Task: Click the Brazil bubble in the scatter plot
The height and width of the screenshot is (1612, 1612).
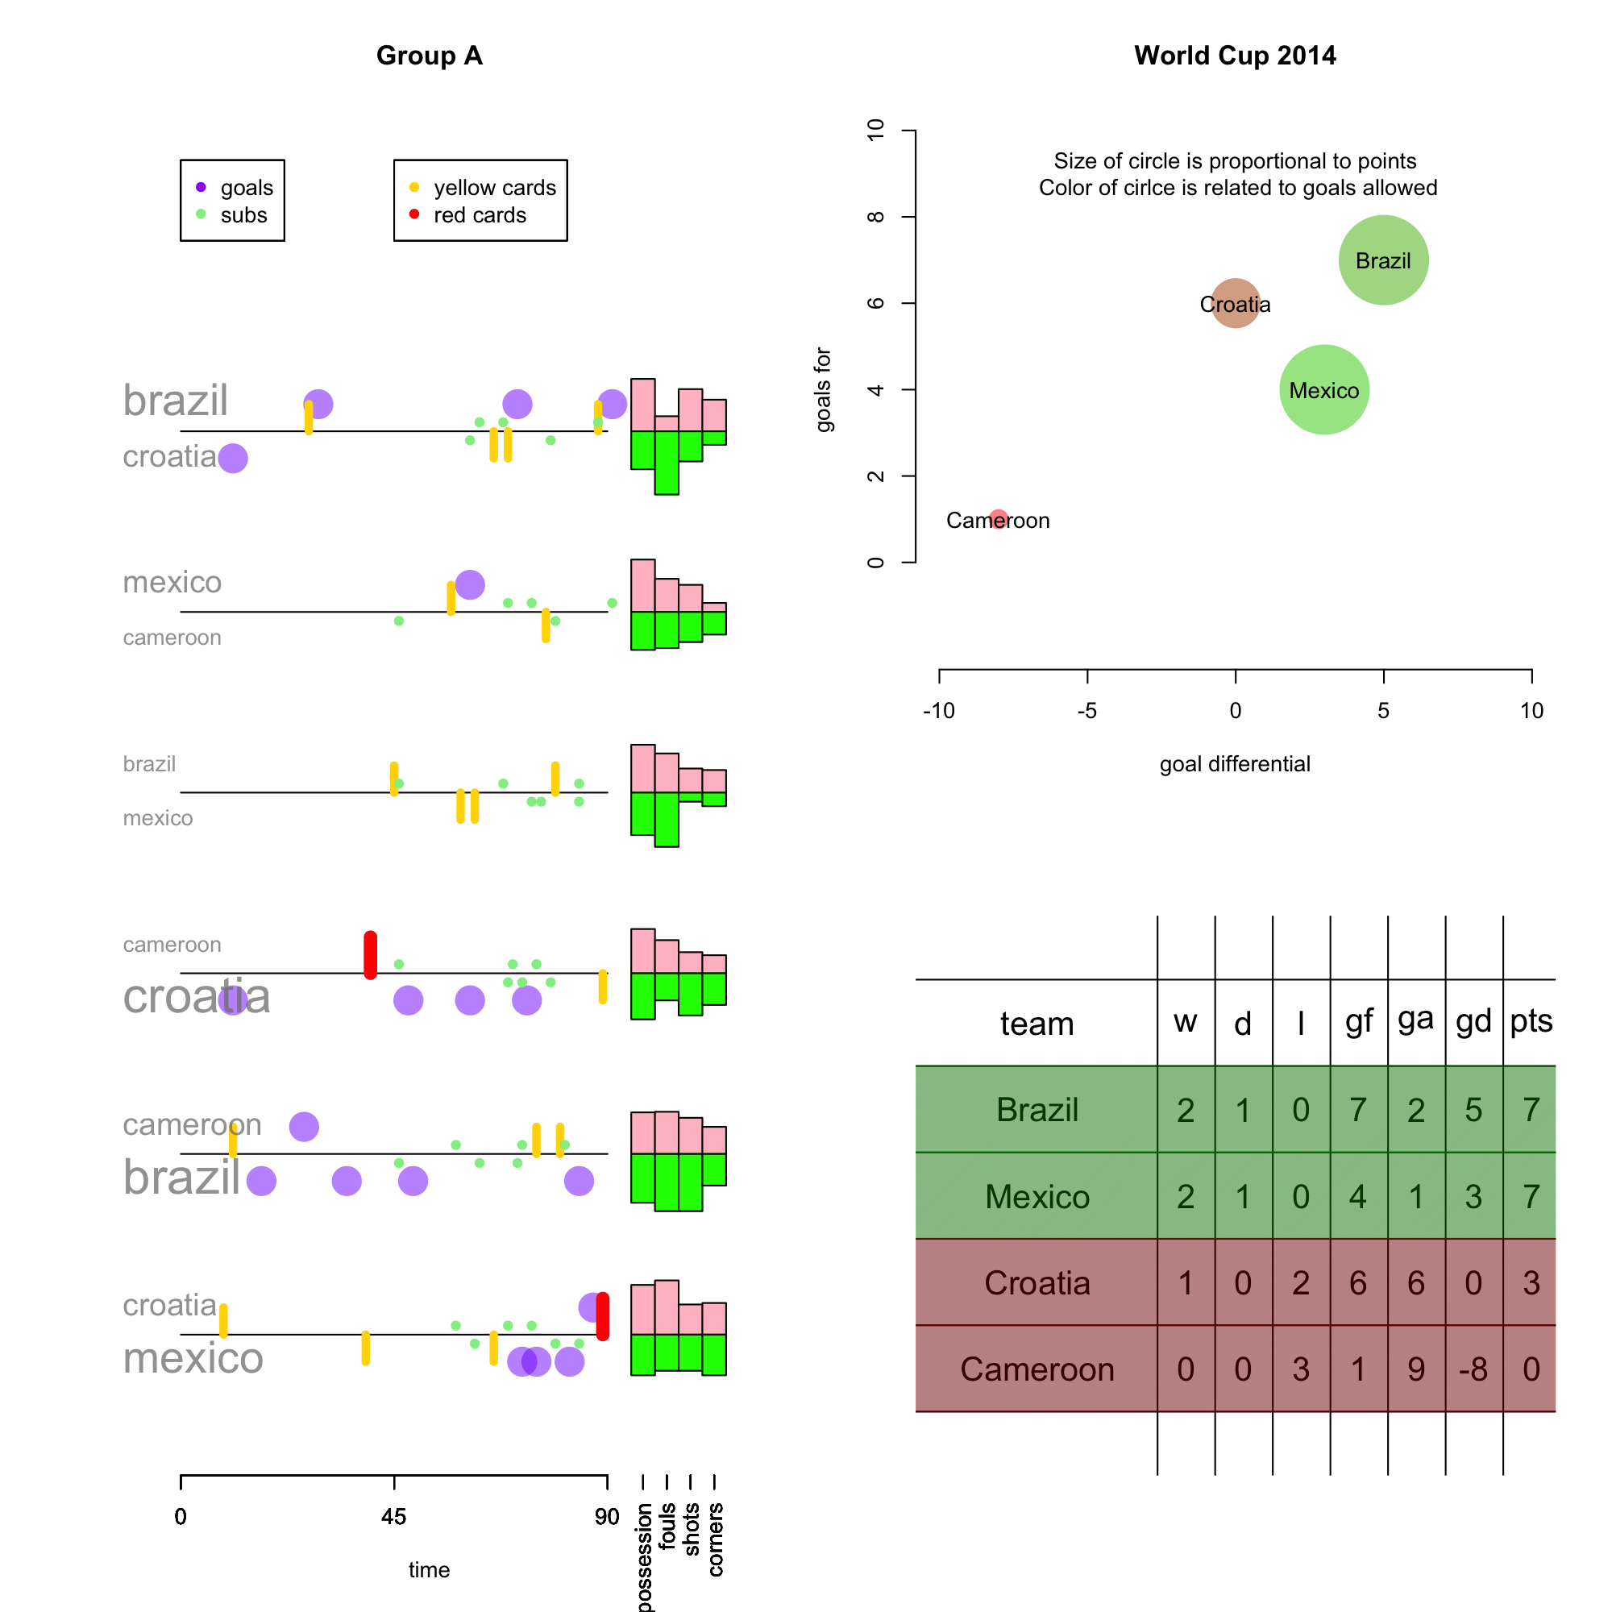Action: point(1383,260)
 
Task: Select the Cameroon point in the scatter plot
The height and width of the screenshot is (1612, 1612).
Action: point(998,520)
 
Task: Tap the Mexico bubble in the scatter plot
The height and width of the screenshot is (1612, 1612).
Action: point(1324,389)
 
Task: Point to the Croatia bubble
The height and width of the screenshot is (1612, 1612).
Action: point(1235,304)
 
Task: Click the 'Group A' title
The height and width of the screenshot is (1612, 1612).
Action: point(429,55)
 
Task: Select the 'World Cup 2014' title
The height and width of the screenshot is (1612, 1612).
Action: point(1235,55)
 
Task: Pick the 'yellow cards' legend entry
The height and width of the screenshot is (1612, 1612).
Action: point(494,188)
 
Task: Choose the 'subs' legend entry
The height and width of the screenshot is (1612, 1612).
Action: point(243,215)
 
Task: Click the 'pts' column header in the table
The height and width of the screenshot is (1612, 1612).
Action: point(1531,1021)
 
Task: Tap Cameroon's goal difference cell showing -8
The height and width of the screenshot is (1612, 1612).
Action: point(1473,1369)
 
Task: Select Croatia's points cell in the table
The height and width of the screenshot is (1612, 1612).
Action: point(1531,1282)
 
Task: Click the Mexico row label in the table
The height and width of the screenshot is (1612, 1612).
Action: point(1037,1196)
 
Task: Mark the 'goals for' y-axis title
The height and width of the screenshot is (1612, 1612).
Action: point(823,389)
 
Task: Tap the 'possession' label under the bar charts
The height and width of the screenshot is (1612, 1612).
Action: point(644,1557)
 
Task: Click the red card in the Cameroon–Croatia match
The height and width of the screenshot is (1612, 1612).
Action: point(371,954)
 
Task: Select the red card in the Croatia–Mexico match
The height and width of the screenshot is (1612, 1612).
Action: point(602,1316)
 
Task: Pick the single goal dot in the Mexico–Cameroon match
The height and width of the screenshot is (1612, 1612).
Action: point(470,585)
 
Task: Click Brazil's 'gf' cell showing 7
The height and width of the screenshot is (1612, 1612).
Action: point(1358,1110)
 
